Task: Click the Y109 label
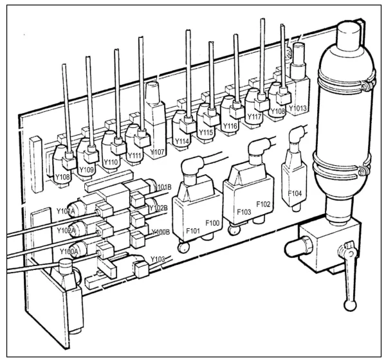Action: point(86,170)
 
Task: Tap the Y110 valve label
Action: point(111,163)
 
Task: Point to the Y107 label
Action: point(158,152)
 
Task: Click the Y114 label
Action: point(183,141)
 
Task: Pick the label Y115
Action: point(206,132)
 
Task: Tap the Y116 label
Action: point(229,127)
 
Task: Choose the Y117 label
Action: point(254,117)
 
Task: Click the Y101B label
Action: point(162,188)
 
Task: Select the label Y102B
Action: point(158,208)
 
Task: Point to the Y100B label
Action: point(160,231)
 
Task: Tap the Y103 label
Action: point(158,259)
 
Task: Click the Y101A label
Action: point(66,210)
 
